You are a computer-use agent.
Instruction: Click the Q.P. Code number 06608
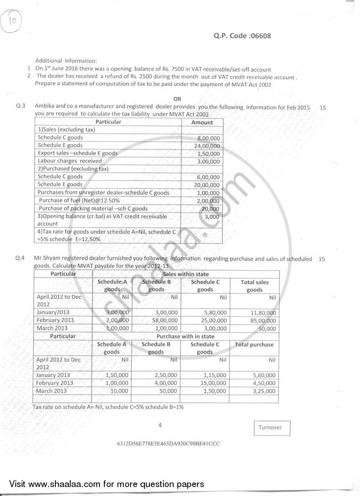tap(260, 36)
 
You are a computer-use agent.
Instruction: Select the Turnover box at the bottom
tap(270, 428)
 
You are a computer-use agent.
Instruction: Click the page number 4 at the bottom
tap(160, 424)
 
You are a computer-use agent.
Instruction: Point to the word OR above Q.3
tap(178, 99)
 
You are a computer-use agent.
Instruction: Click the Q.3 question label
tap(20, 107)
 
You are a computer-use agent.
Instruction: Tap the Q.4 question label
tap(20, 259)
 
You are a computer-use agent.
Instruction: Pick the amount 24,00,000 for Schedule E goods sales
tap(207, 146)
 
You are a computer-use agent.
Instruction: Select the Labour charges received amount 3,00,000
tap(208, 162)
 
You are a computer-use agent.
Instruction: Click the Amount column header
tap(202, 122)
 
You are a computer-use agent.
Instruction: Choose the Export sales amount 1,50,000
tap(208, 153)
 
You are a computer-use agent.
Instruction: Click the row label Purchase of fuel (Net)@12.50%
tap(79, 200)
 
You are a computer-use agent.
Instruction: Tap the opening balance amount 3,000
tap(211, 217)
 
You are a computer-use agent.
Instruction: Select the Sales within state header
tap(185, 274)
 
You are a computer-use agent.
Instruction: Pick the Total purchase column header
tap(254, 345)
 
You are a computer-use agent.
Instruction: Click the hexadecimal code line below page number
tap(168, 443)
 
